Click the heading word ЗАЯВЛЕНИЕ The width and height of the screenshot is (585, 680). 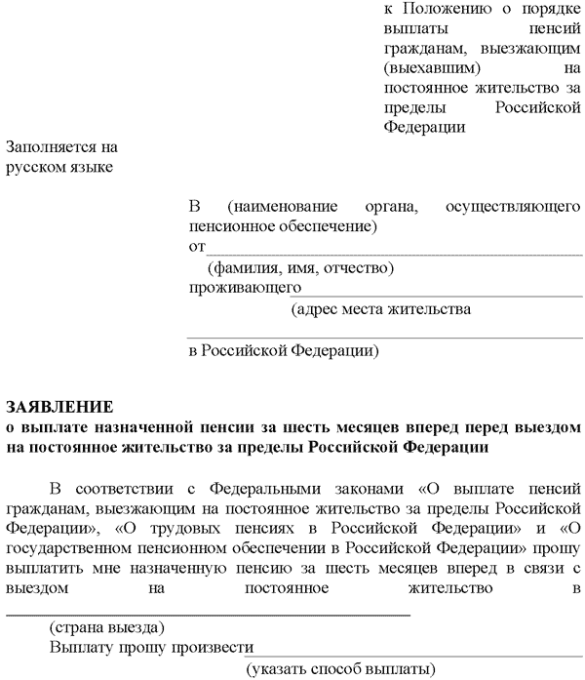[x=59, y=405]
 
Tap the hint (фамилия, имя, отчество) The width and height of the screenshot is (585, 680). [x=300, y=267]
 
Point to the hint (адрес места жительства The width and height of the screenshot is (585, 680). [x=381, y=309]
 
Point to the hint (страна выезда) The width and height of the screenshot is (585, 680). [x=106, y=626]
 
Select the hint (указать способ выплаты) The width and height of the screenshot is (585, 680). [x=340, y=668]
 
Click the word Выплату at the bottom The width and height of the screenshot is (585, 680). [x=83, y=647]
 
